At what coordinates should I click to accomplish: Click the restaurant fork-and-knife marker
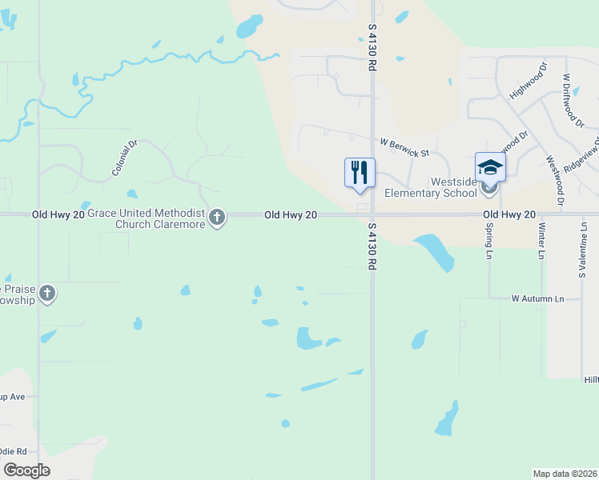(359, 172)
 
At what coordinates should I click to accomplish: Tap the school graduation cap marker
(490, 166)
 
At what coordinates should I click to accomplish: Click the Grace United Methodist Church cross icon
(216, 217)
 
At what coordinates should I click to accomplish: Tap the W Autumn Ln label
(538, 298)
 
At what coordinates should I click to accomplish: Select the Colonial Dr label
(126, 158)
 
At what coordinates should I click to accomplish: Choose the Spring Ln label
(488, 240)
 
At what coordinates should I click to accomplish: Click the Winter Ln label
(542, 241)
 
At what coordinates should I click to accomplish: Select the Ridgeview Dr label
(581, 153)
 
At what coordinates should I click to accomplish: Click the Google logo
(26, 470)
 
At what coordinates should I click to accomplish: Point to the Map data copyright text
(565, 474)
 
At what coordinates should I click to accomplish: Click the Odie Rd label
(14, 452)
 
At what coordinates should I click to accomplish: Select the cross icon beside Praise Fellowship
(47, 294)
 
